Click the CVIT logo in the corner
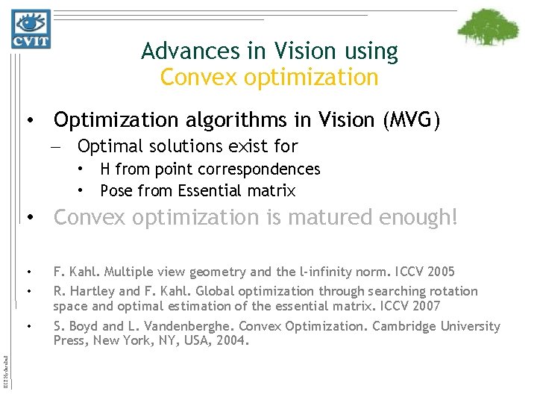point(30,29)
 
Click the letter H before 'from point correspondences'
point(106,169)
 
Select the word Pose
point(116,191)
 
